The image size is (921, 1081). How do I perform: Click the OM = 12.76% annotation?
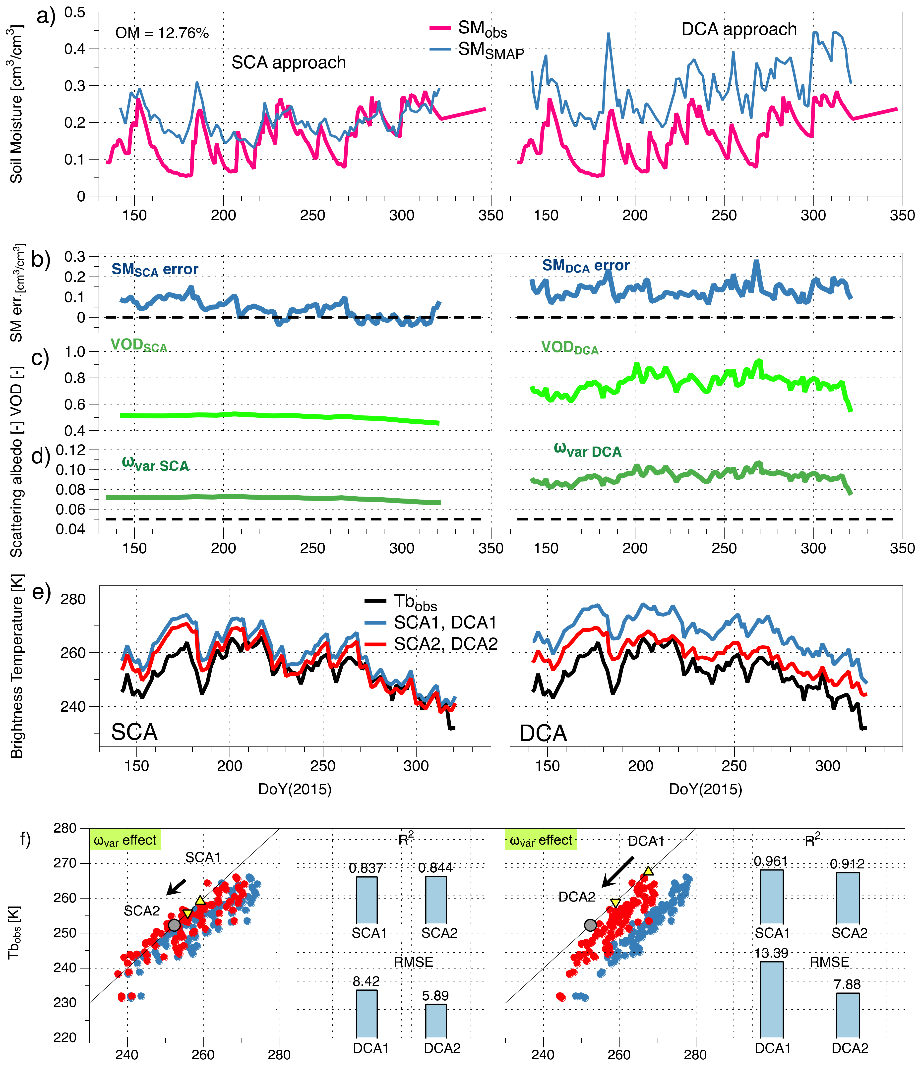coord(162,33)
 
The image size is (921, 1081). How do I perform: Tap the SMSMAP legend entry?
coord(476,51)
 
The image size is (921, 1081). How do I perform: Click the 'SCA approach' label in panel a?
coord(289,63)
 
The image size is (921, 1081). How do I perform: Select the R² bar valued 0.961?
coord(771,896)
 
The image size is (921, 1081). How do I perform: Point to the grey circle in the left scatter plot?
coord(174,925)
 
